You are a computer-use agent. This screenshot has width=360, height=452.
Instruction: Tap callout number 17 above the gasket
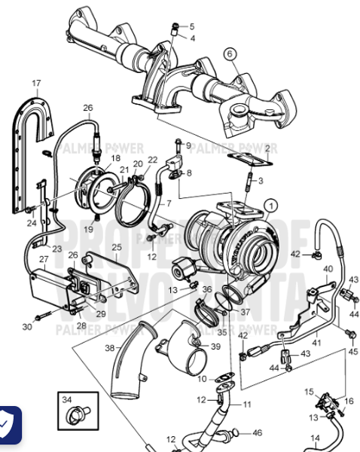[x=36, y=83]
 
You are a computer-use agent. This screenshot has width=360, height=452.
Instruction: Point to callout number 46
[x=258, y=432]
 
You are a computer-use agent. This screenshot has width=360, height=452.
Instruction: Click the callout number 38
[x=110, y=348]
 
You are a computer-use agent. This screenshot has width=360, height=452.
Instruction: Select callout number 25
[x=117, y=246]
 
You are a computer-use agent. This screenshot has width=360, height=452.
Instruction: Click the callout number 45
[x=353, y=351]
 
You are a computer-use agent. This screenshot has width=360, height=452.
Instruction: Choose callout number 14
[x=316, y=437]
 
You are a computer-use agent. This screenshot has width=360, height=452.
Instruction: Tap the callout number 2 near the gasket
[x=267, y=149]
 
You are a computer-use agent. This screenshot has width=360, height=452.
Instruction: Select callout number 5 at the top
[x=191, y=26]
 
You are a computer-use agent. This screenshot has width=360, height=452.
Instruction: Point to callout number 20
[x=138, y=163]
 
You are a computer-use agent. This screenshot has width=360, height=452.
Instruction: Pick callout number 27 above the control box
[x=44, y=259]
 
